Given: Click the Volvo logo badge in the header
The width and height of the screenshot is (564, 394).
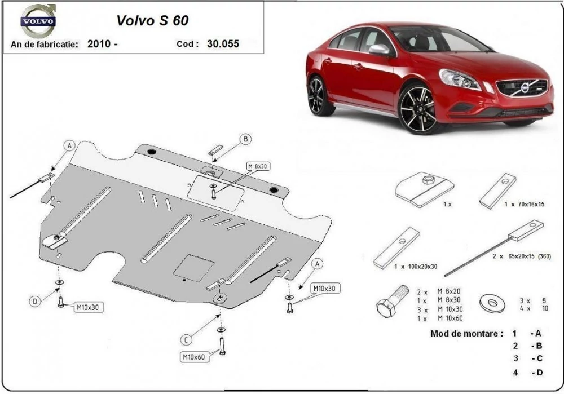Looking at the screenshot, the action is click(x=37, y=20).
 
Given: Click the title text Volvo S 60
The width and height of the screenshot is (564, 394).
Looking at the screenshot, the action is click(x=152, y=20).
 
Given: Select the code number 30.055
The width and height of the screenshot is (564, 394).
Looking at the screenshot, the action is click(x=223, y=44).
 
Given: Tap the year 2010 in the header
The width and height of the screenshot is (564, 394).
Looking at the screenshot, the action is click(x=99, y=44).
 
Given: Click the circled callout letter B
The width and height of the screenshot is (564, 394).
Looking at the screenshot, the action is click(x=246, y=139).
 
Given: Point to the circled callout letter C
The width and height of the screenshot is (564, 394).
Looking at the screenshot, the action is click(x=186, y=340).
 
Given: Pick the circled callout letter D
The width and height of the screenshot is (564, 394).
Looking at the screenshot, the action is click(x=35, y=301).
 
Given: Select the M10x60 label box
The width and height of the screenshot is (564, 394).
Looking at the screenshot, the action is click(x=194, y=357).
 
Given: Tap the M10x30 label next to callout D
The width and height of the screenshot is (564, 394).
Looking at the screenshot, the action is click(x=87, y=307).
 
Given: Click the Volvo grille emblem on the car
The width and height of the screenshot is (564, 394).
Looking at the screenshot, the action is click(x=525, y=88).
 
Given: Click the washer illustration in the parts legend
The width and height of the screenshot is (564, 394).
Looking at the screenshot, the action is click(x=492, y=304).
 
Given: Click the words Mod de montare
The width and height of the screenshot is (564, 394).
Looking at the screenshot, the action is click(x=466, y=334).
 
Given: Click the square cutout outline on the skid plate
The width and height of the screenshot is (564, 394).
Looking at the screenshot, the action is click(x=193, y=268).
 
